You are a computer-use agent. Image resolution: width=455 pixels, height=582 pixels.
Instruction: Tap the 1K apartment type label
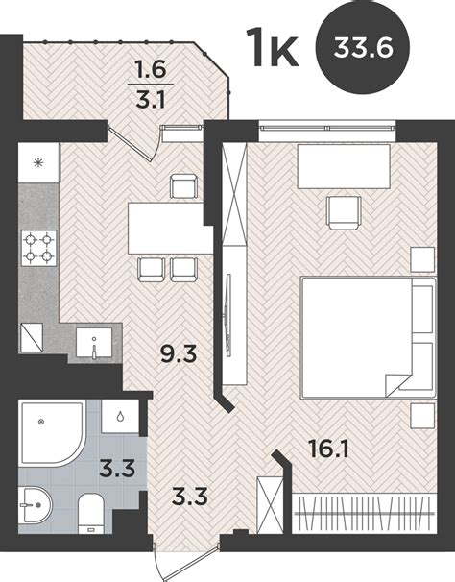[274, 48]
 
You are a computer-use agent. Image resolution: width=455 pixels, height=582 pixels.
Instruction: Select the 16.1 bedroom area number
[328, 449]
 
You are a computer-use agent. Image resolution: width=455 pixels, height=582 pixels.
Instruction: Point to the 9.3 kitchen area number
[179, 354]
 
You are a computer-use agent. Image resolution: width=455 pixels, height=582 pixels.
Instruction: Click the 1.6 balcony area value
[151, 70]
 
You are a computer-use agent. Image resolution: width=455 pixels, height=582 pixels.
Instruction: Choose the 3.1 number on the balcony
[151, 99]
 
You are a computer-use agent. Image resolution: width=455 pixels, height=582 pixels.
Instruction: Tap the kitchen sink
[94, 342]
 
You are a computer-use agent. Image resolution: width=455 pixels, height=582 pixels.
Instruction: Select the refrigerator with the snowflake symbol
[38, 162]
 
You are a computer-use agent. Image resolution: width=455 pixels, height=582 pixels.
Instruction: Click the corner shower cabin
[51, 432]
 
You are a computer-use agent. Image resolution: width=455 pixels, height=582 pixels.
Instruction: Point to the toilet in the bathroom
[91, 513]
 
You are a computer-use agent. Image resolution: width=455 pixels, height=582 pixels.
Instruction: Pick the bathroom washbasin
[36, 505]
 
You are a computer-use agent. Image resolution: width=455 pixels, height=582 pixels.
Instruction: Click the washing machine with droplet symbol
[120, 416]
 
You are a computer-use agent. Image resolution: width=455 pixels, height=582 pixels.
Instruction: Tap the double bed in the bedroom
[369, 337]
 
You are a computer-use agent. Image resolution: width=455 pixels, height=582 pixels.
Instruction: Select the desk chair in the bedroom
[344, 212]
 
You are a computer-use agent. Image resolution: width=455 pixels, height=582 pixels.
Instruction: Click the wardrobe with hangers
[364, 514]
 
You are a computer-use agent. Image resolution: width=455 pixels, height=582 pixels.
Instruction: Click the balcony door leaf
[130, 143]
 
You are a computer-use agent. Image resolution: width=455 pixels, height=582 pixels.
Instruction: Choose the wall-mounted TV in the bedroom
[228, 316]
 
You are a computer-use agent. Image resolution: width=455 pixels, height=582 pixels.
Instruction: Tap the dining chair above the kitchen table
[183, 186]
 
